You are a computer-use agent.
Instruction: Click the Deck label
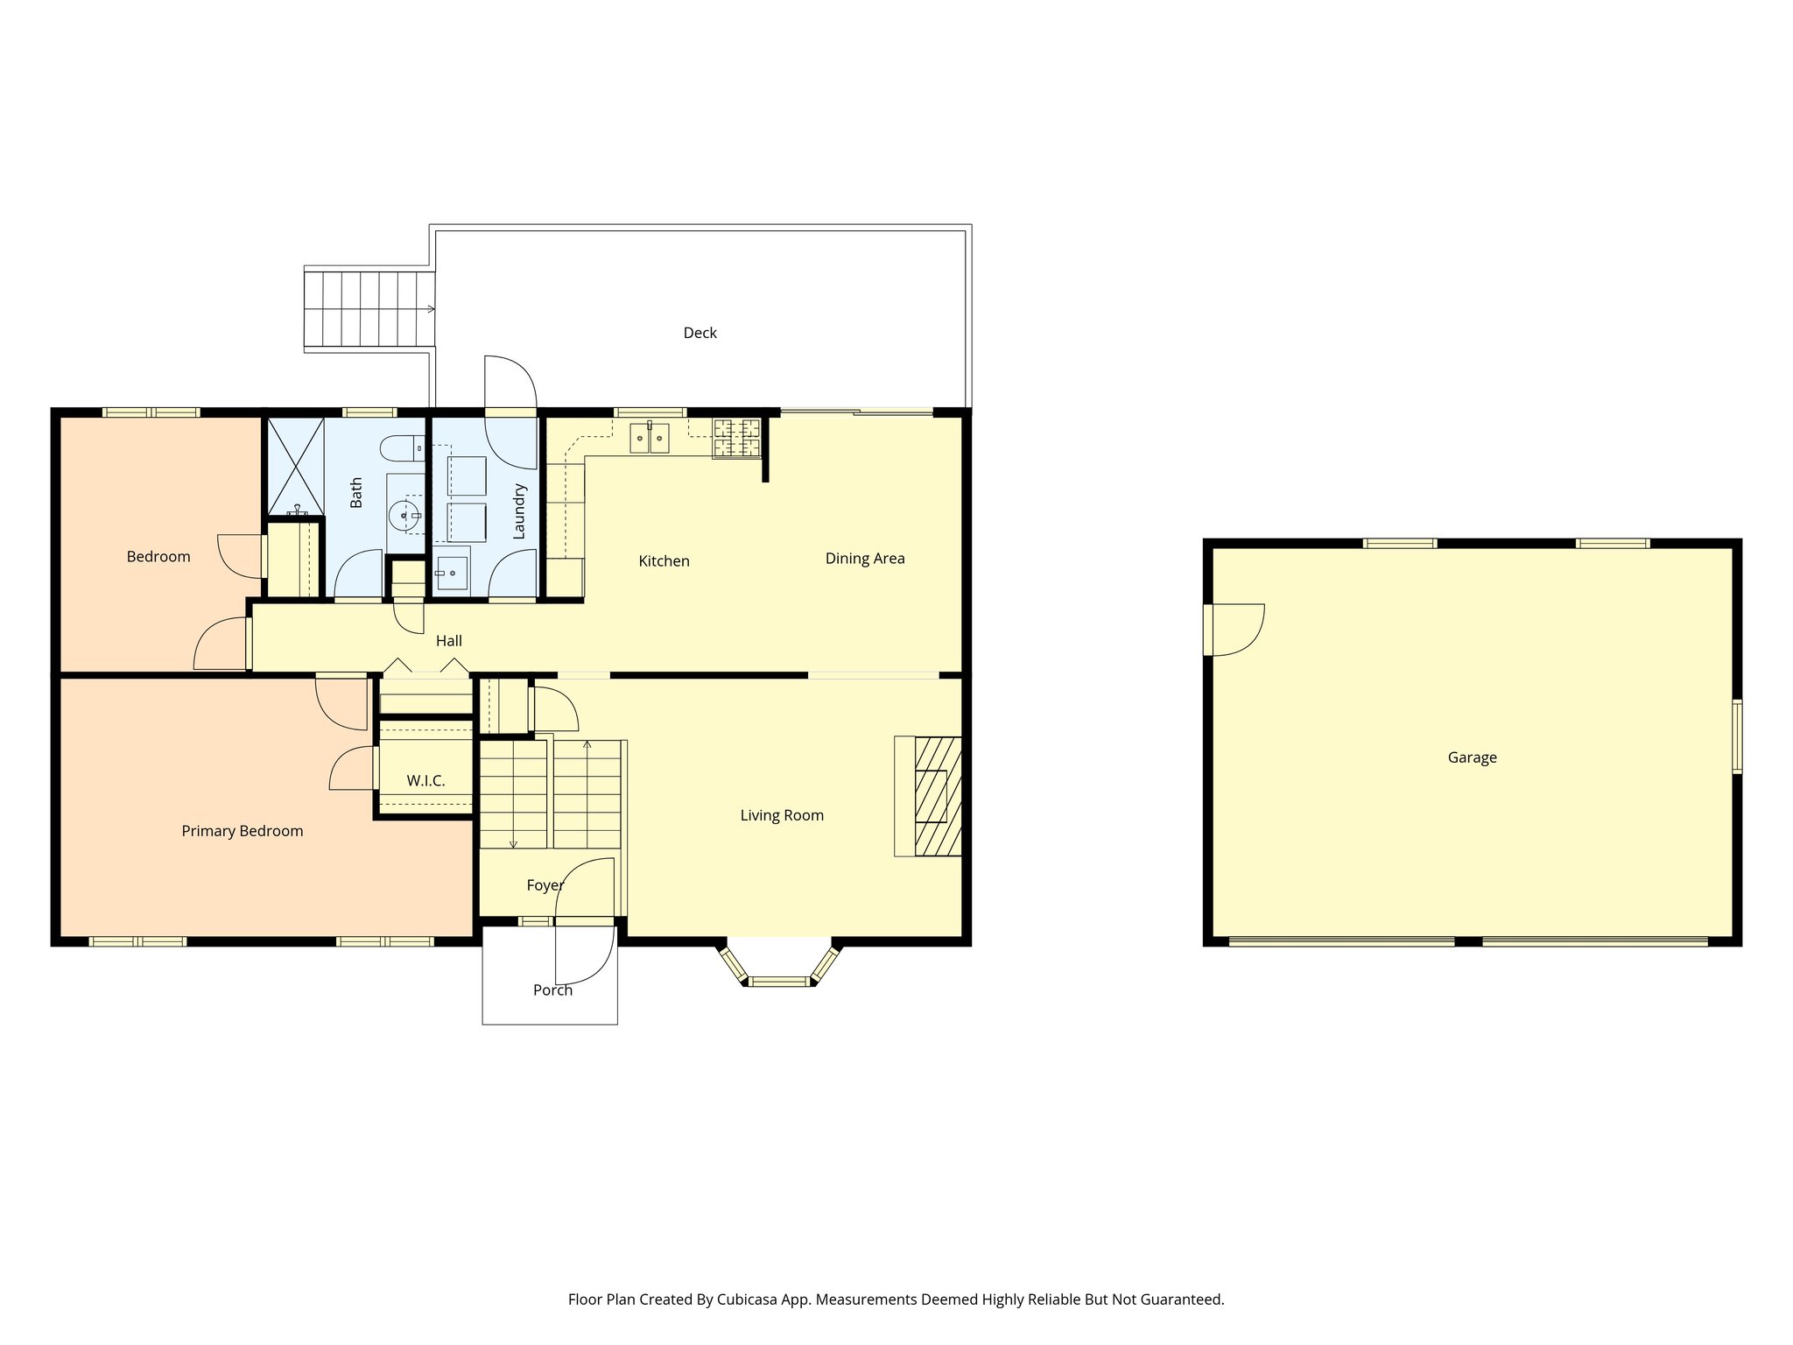(700, 333)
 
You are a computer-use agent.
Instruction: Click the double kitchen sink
(650, 438)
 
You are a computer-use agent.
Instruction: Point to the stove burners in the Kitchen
(736, 439)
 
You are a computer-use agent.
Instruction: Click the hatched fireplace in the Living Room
(937, 796)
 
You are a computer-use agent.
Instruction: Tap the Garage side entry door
(1233, 630)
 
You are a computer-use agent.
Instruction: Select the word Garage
(1472, 757)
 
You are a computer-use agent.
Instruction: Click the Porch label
(552, 990)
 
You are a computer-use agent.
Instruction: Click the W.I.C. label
(425, 780)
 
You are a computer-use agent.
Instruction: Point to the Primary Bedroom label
(243, 831)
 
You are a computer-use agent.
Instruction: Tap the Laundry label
(519, 511)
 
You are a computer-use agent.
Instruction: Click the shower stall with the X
(295, 465)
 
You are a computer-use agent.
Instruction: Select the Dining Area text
(865, 559)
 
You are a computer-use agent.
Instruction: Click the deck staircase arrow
(430, 308)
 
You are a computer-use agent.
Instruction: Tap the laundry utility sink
(452, 574)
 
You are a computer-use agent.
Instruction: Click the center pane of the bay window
(779, 981)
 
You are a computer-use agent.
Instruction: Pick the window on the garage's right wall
(1737, 736)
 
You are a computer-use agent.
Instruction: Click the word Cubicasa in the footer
(749, 1299)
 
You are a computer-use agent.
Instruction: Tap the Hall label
(449, 641)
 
